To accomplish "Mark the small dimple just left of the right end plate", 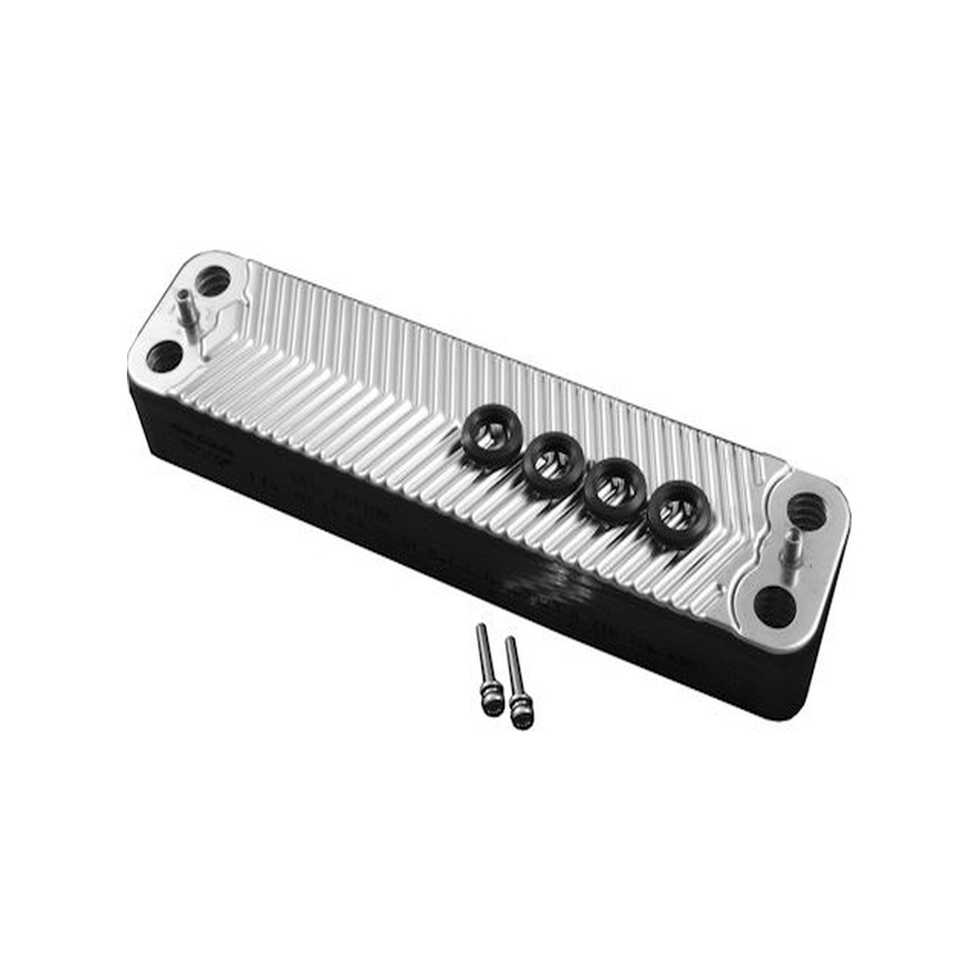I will (720, 588).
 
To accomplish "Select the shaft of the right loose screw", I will (513, 668).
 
